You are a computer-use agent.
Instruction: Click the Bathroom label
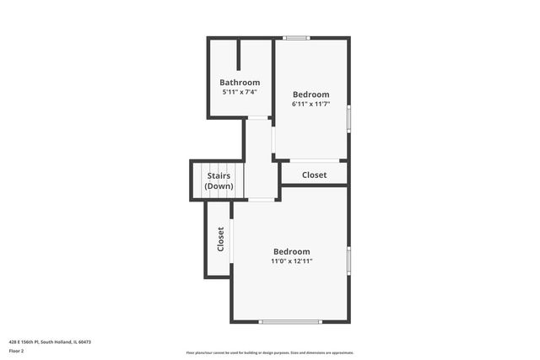(240, 83)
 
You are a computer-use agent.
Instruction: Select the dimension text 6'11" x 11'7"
(310, 104)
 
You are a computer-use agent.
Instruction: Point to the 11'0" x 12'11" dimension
(292, 261)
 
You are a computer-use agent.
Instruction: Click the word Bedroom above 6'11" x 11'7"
(310, 94)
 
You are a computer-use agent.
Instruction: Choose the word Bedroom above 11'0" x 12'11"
(292, 251)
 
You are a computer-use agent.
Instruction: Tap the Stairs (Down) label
(219, 180)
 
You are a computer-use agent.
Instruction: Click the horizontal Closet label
(314, 175)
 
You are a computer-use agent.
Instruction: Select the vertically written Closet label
(221, 239)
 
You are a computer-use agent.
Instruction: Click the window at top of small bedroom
(296, 38)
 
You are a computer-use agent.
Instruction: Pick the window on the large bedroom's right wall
(348, 261)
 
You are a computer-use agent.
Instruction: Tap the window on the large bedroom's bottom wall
(290, 321)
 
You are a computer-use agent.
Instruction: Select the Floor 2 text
(16, 350)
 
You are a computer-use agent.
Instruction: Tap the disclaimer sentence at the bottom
(270, 352)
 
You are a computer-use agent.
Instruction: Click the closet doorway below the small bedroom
(314, 160)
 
